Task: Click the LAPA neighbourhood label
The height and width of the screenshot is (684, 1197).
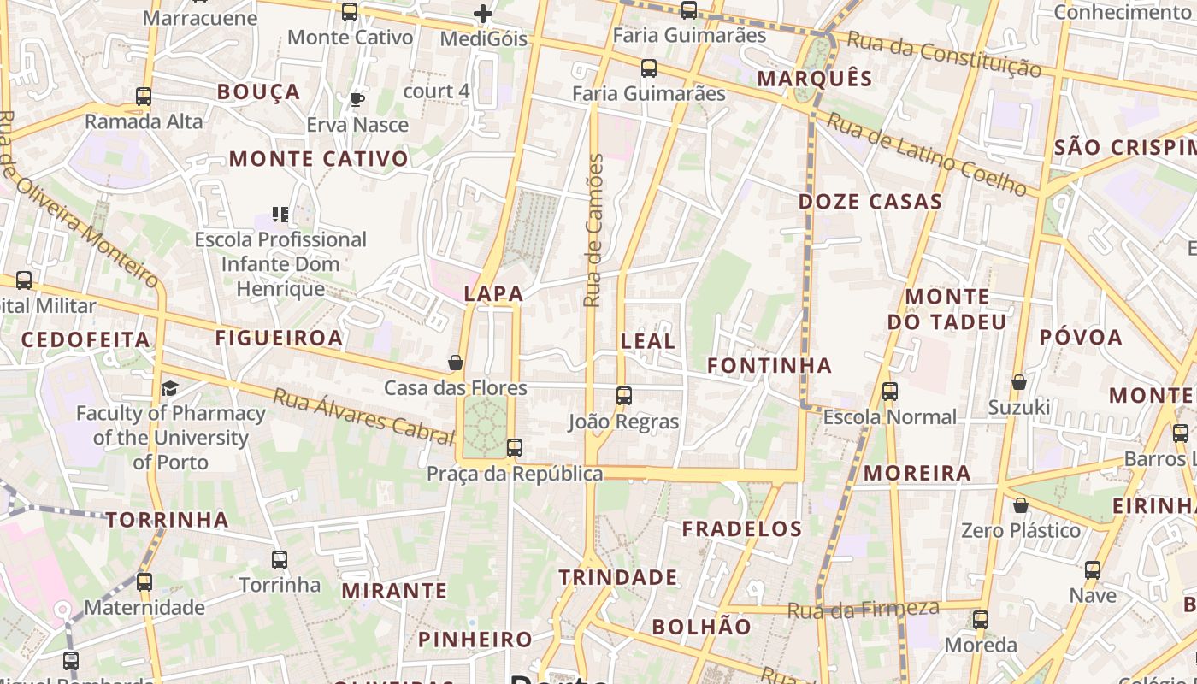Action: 493,293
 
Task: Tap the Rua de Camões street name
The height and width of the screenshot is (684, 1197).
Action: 593,231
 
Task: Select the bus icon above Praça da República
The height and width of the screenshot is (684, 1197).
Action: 514,447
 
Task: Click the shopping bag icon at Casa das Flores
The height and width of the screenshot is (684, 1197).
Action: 456,363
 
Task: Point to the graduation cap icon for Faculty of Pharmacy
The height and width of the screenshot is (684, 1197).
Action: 169,389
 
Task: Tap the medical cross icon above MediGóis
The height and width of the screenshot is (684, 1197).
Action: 483,14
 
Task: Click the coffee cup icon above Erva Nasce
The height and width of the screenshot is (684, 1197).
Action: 357,99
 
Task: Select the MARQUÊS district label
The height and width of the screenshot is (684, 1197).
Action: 815,80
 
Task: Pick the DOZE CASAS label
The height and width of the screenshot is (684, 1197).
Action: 870,202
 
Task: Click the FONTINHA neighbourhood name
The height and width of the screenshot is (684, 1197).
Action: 769,366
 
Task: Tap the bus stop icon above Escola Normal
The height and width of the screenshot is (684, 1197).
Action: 890,392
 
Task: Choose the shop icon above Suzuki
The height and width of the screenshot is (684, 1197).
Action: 1018,381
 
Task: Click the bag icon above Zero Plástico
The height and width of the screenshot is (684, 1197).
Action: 1020,505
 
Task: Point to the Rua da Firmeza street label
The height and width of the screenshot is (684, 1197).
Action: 863,610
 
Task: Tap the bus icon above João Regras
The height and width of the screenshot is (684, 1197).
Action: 624,395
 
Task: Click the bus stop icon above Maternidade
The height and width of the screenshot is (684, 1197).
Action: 144,582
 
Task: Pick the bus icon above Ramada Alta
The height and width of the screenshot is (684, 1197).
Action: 144,97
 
